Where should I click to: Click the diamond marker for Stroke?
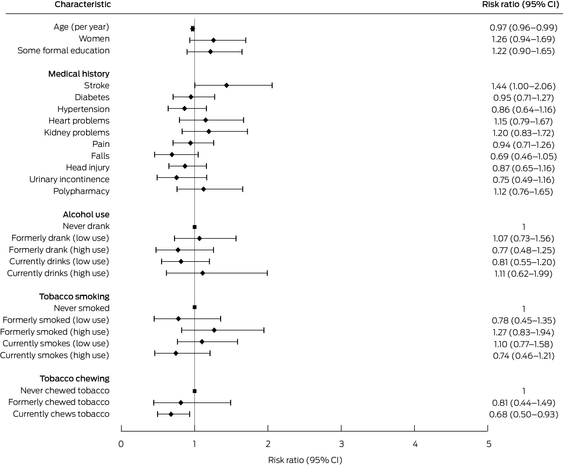tap(226, 86)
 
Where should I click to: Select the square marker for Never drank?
tap(194, 227)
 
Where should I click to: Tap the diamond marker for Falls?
tap(172, 155)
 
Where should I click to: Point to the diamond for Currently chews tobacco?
tap(171, 414)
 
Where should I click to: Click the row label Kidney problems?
tap(77, 132)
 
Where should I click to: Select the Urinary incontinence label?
tap(69, 179)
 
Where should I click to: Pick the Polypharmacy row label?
tap(81, 191)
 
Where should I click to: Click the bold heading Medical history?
tap(79, 74)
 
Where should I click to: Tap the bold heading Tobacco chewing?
tap(75, 379)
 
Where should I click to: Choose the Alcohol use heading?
tap(86, 214)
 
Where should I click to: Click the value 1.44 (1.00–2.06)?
tap(523, 86)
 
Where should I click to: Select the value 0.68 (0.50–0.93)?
tap(523, 414)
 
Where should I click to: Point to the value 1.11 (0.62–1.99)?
tap(523, 274)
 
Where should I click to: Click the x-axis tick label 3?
tap(341, 444)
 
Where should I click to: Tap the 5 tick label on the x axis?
tap(488, 444)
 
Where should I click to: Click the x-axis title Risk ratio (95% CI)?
tap(305, 460)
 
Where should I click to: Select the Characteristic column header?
tap(83, 4)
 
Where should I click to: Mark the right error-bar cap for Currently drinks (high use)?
tap(267, 273)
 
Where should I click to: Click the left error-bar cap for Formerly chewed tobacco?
tap(154, 403)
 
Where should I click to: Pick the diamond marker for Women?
tap(213, 40)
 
